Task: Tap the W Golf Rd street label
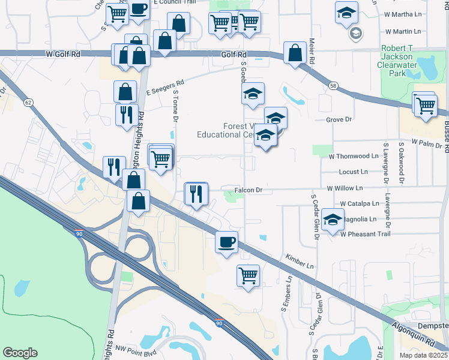63,54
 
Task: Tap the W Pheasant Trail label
366,233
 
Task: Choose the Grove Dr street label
339,120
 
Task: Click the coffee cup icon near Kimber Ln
226,242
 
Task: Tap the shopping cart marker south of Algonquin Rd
248,276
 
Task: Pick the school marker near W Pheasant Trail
332,220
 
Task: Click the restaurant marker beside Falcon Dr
196,194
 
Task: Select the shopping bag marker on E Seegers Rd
125,92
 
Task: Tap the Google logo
20,353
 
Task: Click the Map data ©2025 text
424,355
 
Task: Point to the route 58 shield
333,86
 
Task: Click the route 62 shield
28,103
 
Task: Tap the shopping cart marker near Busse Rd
425,106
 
